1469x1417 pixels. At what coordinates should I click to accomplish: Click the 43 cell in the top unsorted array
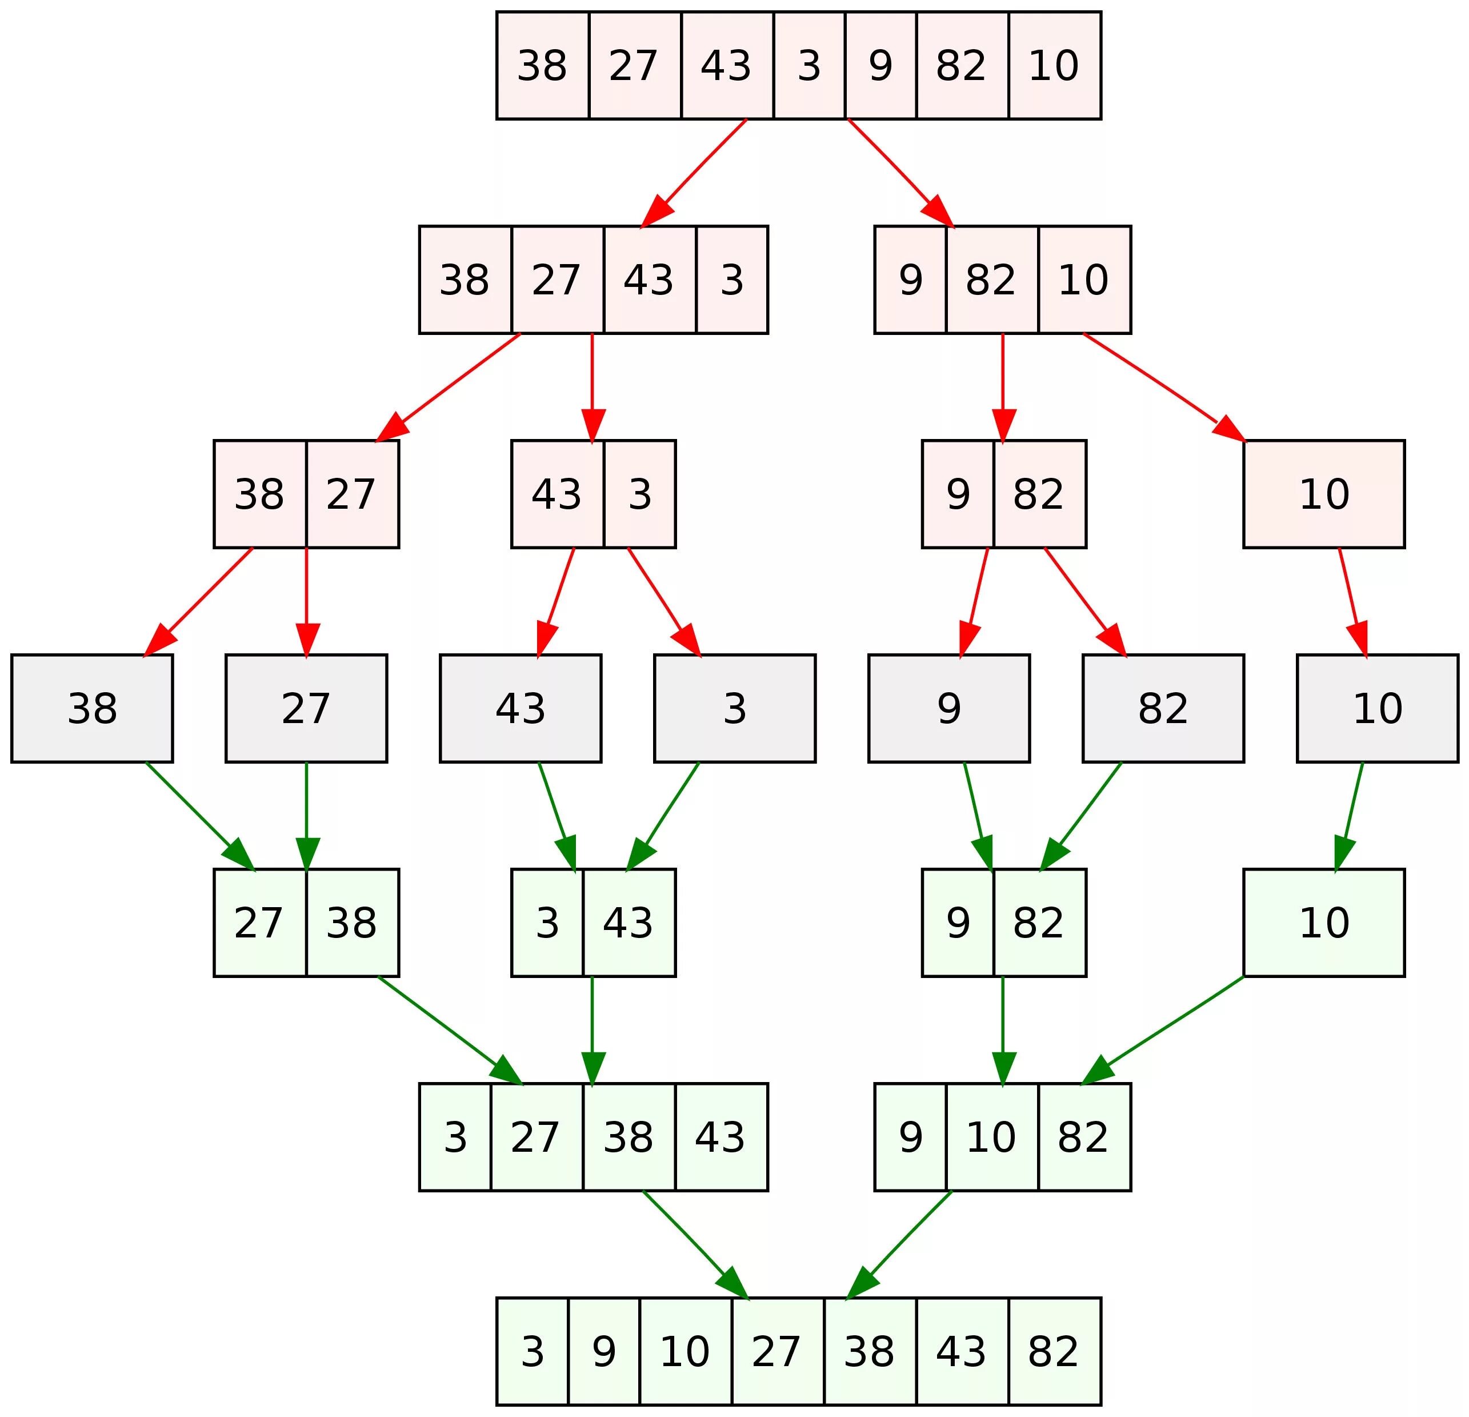pyautogui.click(x=726, y=65)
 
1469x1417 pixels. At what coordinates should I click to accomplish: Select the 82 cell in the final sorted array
pyautogui.click(x=1054, y=1351)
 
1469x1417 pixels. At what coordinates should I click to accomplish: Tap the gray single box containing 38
pyautogui.click(x=92, y=709)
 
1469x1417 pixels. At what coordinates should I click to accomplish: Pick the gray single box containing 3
pyautogui.click(x=735, y=709)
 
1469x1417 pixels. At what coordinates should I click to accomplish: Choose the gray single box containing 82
pyautogui.click(x=1163, y=709)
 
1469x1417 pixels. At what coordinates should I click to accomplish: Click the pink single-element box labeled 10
pyautogui.click(x=1324, y=494)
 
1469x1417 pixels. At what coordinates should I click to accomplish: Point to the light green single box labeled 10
pyautogui.click(x=1324, y=923)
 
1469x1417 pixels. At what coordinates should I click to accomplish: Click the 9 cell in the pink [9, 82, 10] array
pyautogui.click(x=910, y=280)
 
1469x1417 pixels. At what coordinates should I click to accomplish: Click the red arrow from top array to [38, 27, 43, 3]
pyautogui.click(x=693, y=173)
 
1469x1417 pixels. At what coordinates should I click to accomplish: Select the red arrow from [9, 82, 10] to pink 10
pyautogui.click(x=1162, y=386)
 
